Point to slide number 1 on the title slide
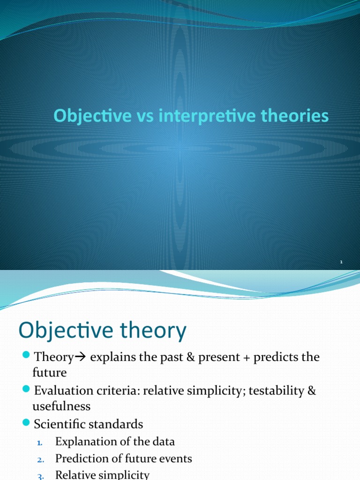coord(341,262)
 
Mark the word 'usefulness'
coord(61,406)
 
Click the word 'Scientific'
coord(59,425)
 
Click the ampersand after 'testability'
coord(311,391)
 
